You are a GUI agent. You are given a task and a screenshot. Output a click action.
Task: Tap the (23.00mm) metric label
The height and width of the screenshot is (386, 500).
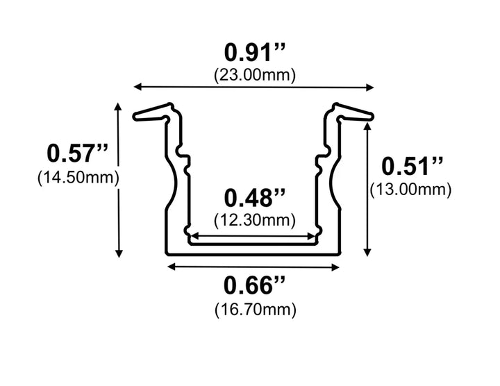(254, 74)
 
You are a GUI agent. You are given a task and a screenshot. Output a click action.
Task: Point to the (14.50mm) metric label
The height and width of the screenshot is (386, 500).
(78, 177)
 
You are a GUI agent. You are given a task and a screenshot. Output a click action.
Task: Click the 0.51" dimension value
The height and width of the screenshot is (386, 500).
(412, 167)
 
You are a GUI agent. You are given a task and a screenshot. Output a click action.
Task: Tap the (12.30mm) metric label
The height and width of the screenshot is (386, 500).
(254, 220)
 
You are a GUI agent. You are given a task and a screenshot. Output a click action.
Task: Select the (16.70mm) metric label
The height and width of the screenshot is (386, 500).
(254, 307)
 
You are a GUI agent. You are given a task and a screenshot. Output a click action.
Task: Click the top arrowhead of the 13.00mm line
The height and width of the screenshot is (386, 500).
(367, 126)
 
